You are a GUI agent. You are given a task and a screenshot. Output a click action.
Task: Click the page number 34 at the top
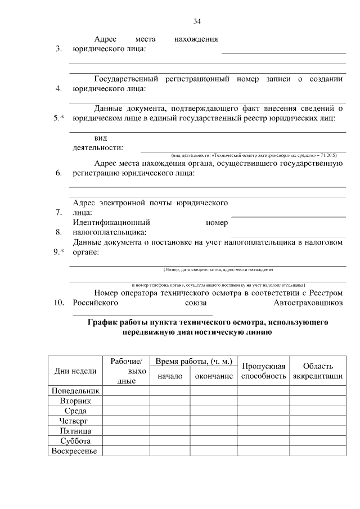[197, 21]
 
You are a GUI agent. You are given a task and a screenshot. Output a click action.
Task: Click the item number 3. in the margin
[58, 49]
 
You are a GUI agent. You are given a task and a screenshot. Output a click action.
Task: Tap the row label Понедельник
[75, 390]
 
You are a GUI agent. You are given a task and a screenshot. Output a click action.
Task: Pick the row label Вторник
[75, 400]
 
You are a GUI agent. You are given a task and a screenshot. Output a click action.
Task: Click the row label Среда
[75, 411]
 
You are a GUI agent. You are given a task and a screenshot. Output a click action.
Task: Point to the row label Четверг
[75, 421]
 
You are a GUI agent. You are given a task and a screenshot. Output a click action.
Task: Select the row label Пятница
[75, 431]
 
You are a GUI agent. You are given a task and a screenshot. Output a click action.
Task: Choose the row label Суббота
[75, 441]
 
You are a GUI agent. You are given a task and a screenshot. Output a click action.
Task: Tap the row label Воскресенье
[75, 451]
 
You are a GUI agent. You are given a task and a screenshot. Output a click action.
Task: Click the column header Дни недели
[75, 371]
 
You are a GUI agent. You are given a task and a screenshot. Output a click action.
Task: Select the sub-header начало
[170, 376]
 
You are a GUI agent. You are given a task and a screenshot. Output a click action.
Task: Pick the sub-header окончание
[214, 376]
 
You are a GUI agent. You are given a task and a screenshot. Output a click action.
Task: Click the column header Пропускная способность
[263, 371]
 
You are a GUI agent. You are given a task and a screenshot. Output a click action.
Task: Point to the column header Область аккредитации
[318, 371]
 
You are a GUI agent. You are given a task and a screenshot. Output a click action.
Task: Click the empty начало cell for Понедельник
[170, 390]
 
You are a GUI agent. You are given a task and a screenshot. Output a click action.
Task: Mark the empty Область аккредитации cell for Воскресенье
[318, 451]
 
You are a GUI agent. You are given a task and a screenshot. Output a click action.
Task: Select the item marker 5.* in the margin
[58, 118]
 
